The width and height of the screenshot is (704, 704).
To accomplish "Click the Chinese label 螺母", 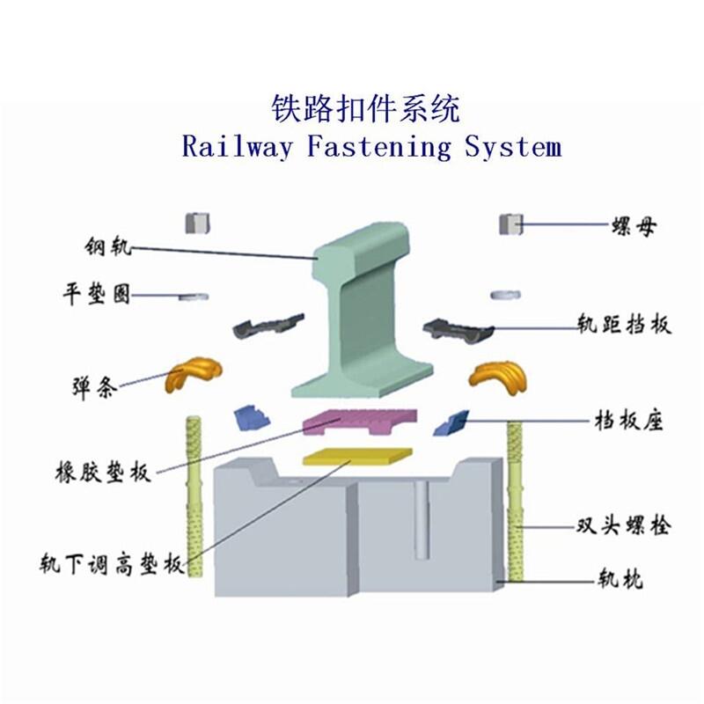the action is (634, 226).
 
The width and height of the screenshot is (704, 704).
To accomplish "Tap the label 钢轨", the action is (108, 246).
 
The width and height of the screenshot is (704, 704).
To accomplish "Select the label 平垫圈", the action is (97, 295).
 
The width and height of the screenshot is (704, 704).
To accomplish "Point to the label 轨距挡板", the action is (624, 323).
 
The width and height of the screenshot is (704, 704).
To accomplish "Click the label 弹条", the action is (95, 387).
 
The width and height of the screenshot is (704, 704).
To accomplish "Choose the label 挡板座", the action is (628, 422).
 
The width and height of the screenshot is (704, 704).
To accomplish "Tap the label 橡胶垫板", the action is (103, 473).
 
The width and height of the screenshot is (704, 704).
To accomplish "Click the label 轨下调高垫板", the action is (113, 564).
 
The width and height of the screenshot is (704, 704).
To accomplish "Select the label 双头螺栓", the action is (624, 525).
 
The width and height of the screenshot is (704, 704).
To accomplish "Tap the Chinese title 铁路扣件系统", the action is (366, 108).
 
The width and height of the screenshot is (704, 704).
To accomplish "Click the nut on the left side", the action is (198, 224).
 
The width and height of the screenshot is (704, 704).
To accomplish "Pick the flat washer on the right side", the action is (505, 295).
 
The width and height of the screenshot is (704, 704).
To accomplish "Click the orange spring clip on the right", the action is (497, 377).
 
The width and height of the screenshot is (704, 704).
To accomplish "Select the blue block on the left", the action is (252, 417).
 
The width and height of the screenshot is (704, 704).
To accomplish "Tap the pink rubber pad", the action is (360, 422).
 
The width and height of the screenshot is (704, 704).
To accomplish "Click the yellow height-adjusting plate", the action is (358, 456).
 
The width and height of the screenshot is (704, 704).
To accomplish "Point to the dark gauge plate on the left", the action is (268, 326).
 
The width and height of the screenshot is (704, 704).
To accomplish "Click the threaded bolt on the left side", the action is (194, 496).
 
